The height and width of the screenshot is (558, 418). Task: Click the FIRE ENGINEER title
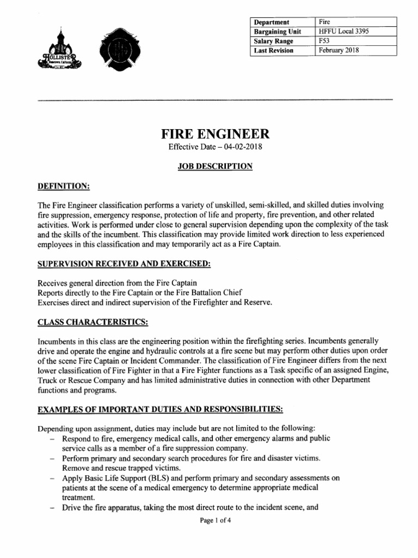214,134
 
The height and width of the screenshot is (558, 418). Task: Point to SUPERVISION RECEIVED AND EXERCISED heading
124,264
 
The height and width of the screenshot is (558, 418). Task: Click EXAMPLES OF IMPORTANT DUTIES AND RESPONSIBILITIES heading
159,409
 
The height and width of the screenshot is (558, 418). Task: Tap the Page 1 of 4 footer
216,521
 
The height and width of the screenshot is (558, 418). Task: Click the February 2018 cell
340,51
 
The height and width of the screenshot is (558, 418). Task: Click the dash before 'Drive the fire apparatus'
52,508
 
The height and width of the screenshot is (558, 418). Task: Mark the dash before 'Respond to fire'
52,439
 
